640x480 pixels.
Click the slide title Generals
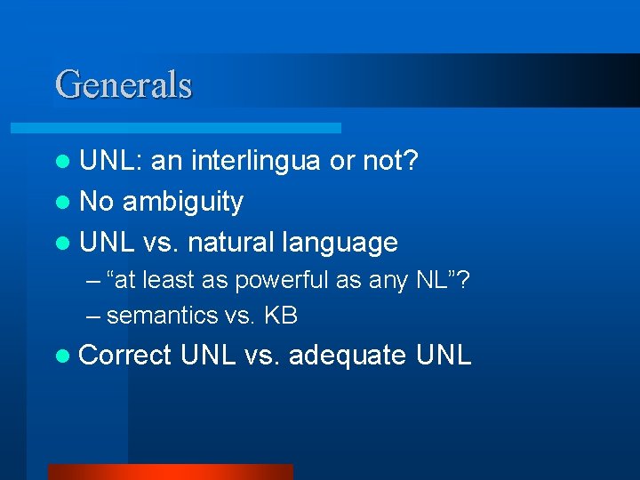pyautogui.click(x=124, y=84)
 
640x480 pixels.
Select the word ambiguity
pyautogui.click(x=182, y=202)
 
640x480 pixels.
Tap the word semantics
pyautogui.click(x=162, y=315)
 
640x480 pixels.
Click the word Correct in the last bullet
pyautogui.click(x=124, y=356)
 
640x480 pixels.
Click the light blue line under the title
pyautogui.click(x=196, y=128)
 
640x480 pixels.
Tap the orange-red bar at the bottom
pyautogui.click(x=169, y=472)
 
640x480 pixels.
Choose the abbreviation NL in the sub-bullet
pyautogui.click(x=433, y=281)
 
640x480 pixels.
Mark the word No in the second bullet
pyautogui.click(x=96, y=202)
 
